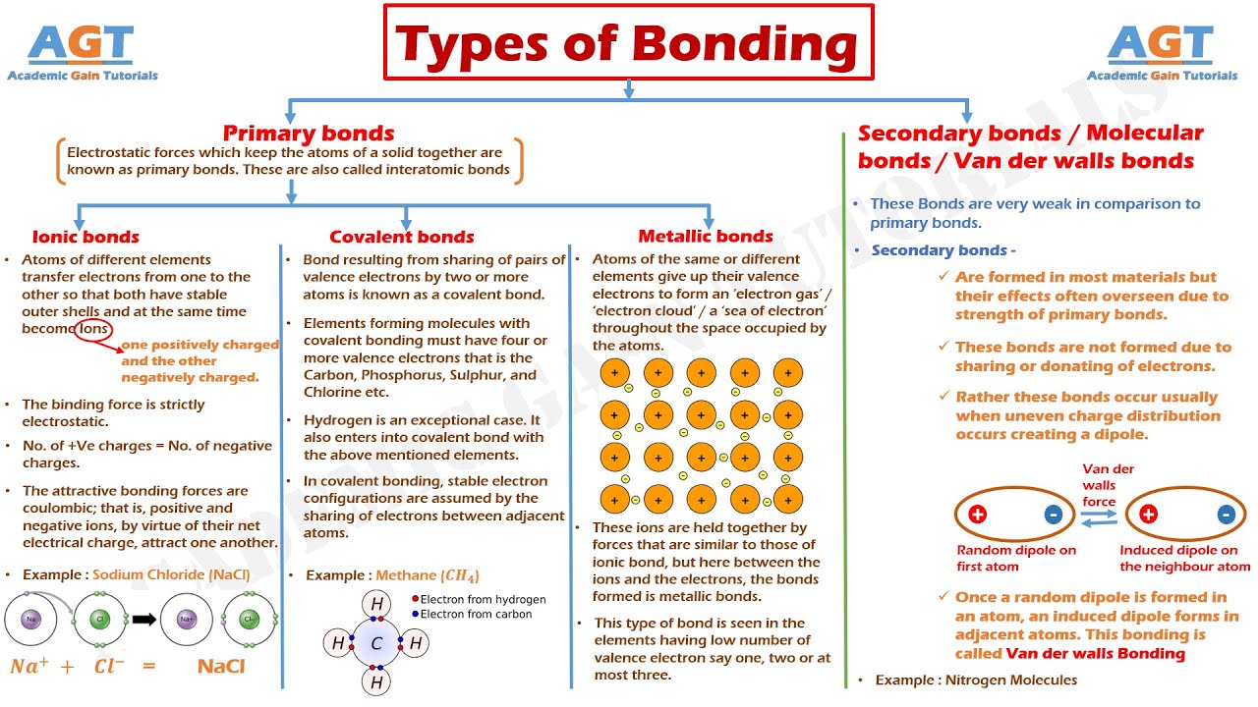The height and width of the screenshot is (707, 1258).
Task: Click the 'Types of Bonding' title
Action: [627, 44]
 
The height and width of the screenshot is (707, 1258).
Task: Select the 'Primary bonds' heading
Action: [309, 134]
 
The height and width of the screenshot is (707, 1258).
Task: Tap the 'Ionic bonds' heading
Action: [86, 237]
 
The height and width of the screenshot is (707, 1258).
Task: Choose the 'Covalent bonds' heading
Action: [402, 237]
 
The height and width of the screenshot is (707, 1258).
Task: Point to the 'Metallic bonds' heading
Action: [706, 236]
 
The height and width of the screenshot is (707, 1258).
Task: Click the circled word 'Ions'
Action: [93, 330]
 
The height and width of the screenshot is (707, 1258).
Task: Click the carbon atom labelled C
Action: [376, 643]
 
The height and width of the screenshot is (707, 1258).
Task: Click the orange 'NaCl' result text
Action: [221, 666]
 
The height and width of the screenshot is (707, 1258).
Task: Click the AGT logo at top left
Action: [82, 52]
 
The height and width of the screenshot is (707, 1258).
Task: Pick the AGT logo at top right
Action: [1162, 52]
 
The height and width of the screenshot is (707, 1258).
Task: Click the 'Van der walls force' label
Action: [1100, 485]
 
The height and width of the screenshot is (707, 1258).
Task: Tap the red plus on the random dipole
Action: [977, 515]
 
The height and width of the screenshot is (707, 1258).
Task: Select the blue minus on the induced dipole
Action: [1226, 515]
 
